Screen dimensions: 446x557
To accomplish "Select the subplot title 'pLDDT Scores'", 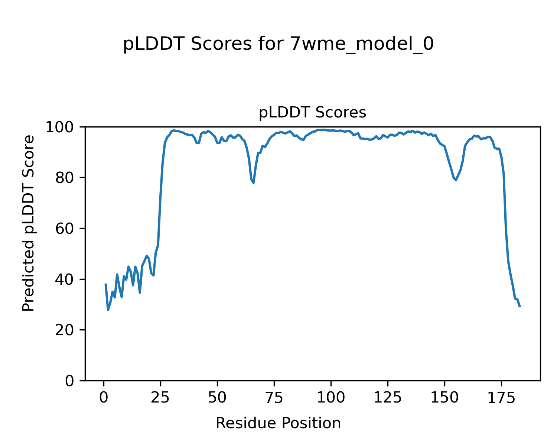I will (x=312, y=113).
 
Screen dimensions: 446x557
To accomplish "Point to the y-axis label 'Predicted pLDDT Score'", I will (x=29, y=223).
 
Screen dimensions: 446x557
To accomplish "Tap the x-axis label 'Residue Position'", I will (x=278, y=423).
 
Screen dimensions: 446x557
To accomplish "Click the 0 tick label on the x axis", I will (x=104, y=398).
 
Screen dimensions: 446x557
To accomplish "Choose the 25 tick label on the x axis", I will (x=161, y=398).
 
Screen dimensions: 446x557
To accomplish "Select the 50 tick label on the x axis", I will (x=218, y=398).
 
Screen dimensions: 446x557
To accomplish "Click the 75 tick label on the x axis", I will (x=274, y=398).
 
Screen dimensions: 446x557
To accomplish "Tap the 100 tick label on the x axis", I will (x=331, y=398).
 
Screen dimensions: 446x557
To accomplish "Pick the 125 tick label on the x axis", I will (x=388, y=398).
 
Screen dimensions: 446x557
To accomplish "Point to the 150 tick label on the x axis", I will (x=444, y=398).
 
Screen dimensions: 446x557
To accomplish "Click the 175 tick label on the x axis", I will (x=501, y=398).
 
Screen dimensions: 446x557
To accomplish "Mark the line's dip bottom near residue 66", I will (x=253, y=182).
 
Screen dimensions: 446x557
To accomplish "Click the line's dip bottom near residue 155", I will (x=456, y=180).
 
